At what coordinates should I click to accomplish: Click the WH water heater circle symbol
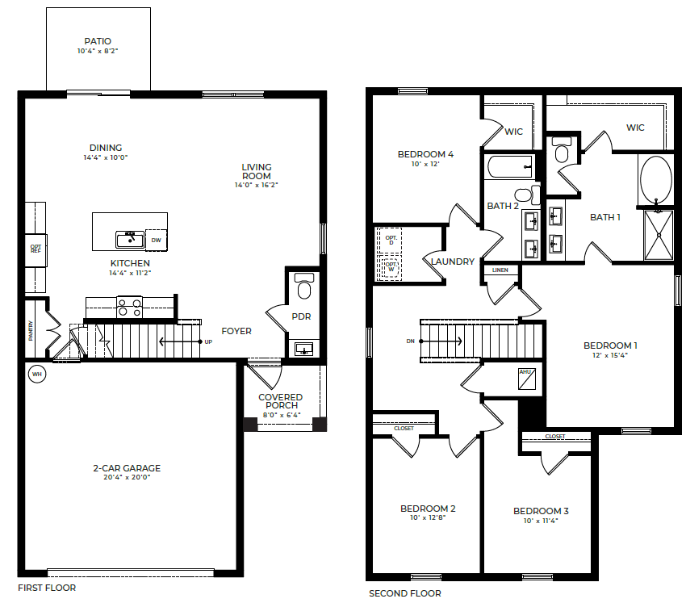[x=36, y=374]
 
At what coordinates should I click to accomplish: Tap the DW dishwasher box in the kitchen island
[x=156, y=240]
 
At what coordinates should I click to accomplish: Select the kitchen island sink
[x=129, y=239]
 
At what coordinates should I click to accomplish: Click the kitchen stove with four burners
[x=129, y=307]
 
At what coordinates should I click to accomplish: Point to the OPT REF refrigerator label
[x=36, y=249]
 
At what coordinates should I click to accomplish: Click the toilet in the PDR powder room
[x=304, y=287]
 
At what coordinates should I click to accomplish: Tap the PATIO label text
[x=98, y=41]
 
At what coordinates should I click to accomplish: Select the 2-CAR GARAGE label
[x=126, y=468]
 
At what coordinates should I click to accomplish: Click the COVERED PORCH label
[x=281, y=401]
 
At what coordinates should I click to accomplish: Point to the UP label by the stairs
[x=208, y=341]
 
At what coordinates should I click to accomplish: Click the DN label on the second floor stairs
[x=411, y=341]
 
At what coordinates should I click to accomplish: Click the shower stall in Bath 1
[x=659, y=235]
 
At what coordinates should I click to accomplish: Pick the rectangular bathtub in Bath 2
[x=509, y=167]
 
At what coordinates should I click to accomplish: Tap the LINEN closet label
[x=500, y=270]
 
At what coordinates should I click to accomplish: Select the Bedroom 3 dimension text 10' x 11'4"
[x=541, y=521]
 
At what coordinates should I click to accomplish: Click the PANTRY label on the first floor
[x=31, y=330]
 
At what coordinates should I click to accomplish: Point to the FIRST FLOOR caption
[x=47, y=588]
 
